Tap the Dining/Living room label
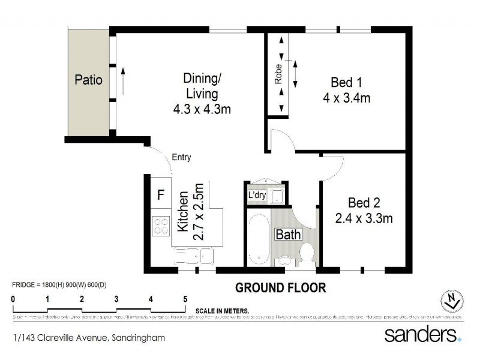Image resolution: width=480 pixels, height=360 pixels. click(202, 86)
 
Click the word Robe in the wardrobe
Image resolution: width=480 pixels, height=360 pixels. click(278, 73)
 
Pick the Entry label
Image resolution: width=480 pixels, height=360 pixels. click(181, 158)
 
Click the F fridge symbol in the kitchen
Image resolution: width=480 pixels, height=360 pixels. click(160, 195)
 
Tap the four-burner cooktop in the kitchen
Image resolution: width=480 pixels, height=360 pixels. click(161, 226)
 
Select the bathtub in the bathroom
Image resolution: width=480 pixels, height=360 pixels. click(257, 238)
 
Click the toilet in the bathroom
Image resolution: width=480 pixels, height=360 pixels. click(308, 254)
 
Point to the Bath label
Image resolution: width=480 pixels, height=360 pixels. click(288, 235)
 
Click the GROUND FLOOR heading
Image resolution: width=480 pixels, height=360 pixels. click(280, 287)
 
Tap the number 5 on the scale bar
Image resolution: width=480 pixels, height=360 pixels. click(185, 298)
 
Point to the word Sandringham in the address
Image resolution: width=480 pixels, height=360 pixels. click(140, 338)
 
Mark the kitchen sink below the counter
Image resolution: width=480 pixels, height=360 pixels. click(194, 258)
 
